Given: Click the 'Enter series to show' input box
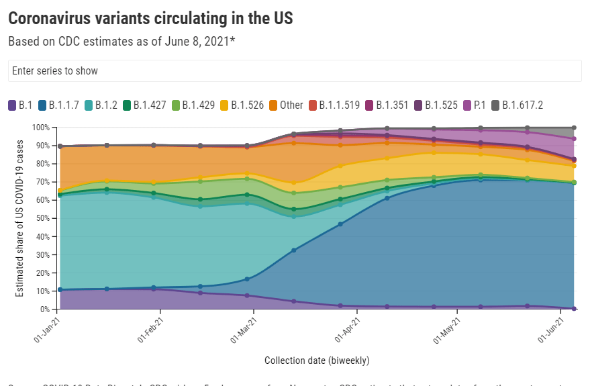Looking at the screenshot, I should point(294,70).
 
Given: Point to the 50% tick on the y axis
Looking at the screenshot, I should point(42,219).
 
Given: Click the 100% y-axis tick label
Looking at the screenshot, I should point(40,128).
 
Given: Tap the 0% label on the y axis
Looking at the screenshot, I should point(44,309).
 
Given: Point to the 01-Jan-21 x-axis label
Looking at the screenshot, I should point(46,330).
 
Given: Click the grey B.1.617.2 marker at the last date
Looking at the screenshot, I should point(574,128).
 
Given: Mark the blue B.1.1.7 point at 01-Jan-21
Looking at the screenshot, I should point(60,289).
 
